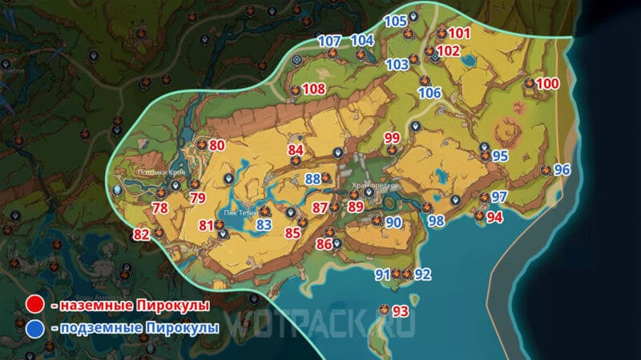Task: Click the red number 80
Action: click(x=217, y=146)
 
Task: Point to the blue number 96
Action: click(x=562, y=169)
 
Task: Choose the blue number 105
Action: click(x=396, y=21)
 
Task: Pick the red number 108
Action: click(x=314, y=89)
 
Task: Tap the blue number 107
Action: click(x=330, y=41)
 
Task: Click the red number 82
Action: click(x=142, y=234)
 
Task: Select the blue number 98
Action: click(x=436, y=220)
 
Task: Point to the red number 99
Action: click(x=392, y=138)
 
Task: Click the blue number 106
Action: click(x=430, y=93)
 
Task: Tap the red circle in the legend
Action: click(x=34, y=305)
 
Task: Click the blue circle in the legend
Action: click(x=34, y=328)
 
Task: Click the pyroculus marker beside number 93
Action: click(x=384, y=309)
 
